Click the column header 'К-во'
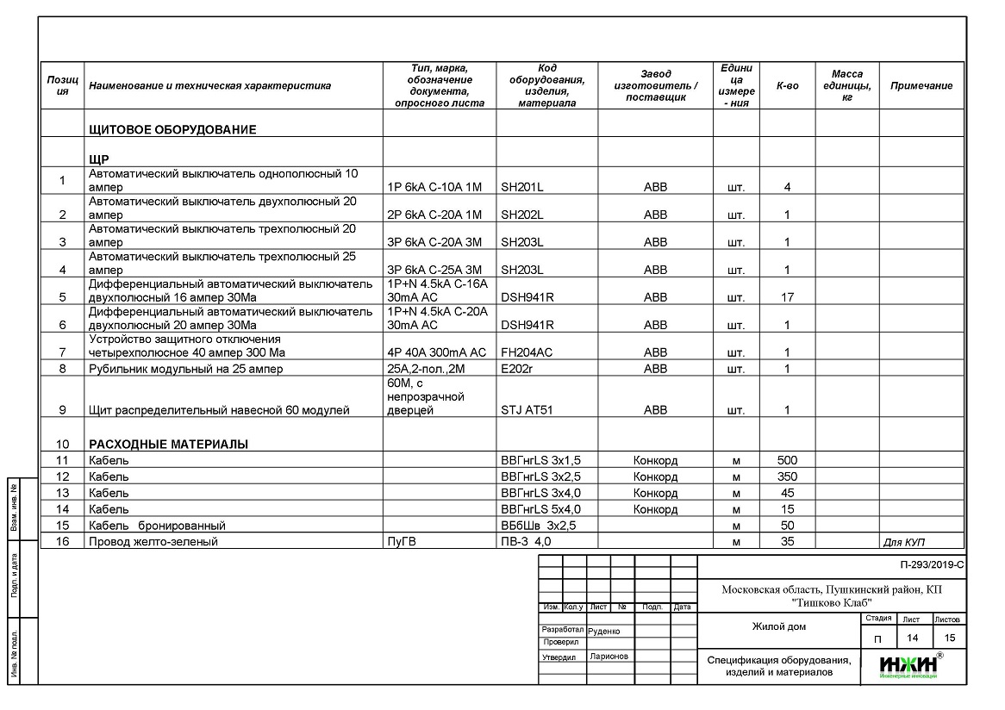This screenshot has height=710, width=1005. [787, 85]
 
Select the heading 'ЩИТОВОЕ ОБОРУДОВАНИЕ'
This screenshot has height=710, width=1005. [172, 130]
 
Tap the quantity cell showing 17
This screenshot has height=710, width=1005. [787, 297]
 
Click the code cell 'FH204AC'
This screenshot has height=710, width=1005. [527, 352]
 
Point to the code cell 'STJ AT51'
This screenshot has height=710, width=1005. [527, 410]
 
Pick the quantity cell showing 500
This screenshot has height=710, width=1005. [787, 460]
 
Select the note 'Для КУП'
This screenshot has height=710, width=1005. [908, 542]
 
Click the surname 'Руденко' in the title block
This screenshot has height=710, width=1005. [603, 631]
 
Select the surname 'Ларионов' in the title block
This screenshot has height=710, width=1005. [609, 657]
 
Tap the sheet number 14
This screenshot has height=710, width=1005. [912, 638]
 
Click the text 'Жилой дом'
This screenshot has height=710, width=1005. [778, 627]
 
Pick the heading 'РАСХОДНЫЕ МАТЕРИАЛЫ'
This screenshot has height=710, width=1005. [168, 444]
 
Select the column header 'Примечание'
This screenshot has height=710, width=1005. [921, 85]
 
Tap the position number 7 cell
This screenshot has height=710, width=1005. [62, 352]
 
